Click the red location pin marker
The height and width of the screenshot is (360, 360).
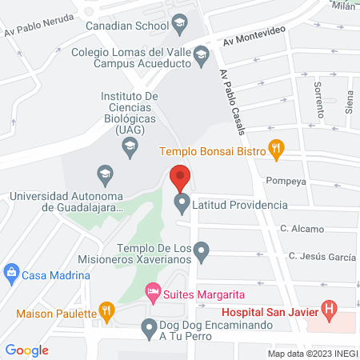180,176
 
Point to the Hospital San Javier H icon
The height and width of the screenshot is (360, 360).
327,308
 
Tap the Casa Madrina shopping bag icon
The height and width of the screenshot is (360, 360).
10,274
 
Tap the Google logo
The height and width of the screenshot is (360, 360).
27,350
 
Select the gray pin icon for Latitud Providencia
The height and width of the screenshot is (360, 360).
182,204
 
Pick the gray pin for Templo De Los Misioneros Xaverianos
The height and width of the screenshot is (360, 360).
202,254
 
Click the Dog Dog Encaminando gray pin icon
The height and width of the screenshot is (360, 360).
148,326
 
